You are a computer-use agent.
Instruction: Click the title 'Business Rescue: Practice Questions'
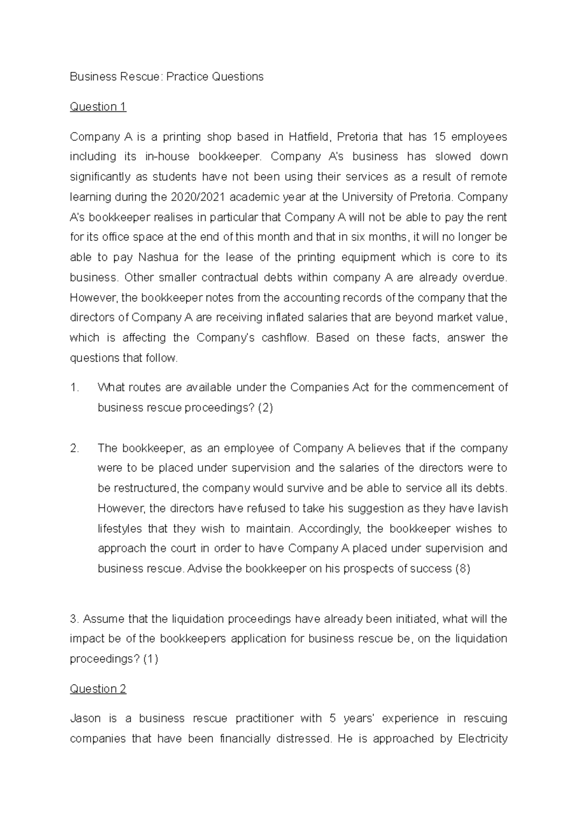click(x=167, y=77)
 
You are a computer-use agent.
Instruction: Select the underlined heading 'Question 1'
click(x=98, y=106)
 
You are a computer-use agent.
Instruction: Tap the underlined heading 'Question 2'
click(x=98, y=689)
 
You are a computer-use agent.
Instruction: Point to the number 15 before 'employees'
click(x=439, y=137)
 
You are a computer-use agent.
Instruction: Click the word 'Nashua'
click(x=158, y=257)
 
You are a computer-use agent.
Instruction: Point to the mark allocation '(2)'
click(x=265, y=408)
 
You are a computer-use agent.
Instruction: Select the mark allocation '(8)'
click(x=462, y=568)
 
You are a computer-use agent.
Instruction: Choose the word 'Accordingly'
click(x=329, y=528)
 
